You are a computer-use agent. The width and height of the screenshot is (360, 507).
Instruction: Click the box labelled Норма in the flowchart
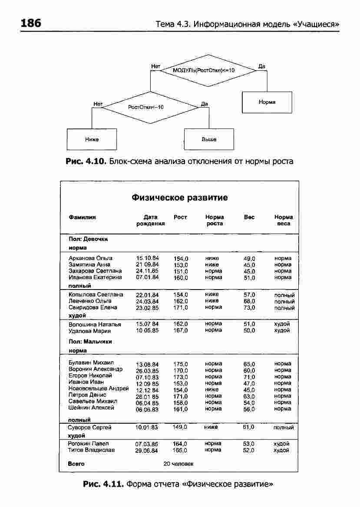click(267, 102)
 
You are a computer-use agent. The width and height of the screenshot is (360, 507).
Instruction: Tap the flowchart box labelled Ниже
click(92, 139)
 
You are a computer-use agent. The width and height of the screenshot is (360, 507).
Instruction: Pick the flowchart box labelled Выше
click(209, 139)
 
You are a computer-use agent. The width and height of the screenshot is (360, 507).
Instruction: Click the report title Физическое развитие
click(179, 198)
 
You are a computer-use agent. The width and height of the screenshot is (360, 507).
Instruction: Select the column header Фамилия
click(82, 217)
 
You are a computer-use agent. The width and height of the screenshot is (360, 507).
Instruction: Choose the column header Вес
click(249, 217)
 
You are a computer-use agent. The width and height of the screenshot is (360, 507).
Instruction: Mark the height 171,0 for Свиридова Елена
click(180, 308)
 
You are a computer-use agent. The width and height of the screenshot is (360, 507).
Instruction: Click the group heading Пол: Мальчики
click(90, 342)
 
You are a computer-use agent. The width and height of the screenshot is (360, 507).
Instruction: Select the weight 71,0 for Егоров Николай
click(249, 377)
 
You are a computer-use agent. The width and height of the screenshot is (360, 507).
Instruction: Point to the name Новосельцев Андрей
click(99, 389)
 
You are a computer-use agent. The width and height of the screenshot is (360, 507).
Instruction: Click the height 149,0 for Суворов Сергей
click(179, 428)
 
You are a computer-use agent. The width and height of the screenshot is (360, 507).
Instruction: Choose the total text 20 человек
click(178, 464)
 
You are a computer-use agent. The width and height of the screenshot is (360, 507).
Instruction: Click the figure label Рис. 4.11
click(103, 483)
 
